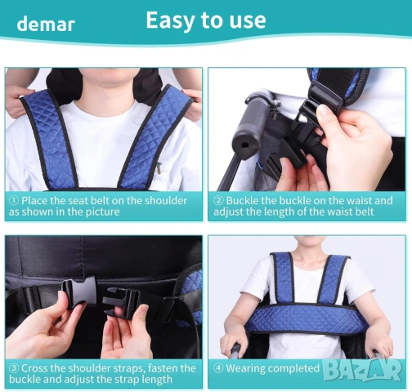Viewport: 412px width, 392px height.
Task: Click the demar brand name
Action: [x=46, y=24]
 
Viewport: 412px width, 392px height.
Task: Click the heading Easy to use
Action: [x=206, y=20]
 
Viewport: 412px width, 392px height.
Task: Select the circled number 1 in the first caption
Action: [x=14, y=201]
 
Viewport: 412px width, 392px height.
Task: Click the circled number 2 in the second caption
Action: [x=218, y=201]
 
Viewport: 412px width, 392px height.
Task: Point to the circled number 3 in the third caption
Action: [x=14, y=368]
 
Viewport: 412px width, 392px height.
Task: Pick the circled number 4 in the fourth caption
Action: [x=218, y=368]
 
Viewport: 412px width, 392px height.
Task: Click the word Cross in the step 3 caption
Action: [x=34, y=368]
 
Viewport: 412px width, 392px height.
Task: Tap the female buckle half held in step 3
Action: [x=79, y=292]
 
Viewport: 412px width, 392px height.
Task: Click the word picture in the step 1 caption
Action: [x=103, y=212]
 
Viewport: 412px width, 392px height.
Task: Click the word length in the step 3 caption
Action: [x=156, y=380]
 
